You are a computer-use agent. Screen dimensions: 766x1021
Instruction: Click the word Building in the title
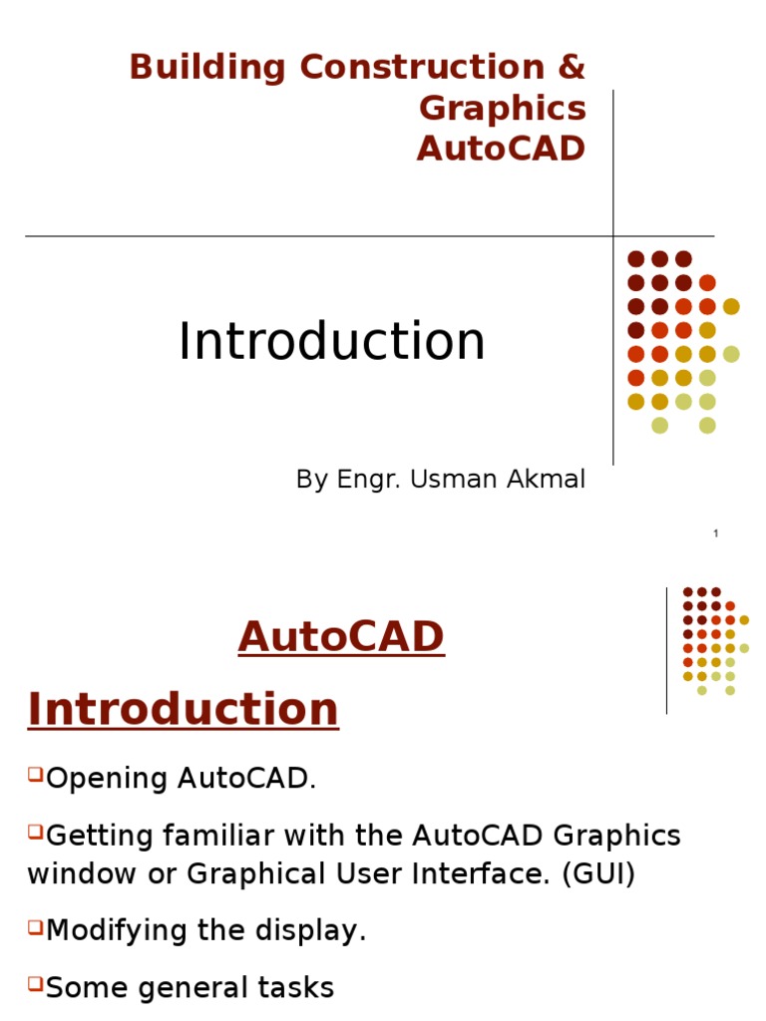pyautogui.click(x=207, y=68)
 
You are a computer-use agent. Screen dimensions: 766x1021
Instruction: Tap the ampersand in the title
pyautogui.click(x=572, y=67)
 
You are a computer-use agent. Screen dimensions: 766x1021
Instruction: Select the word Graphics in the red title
pyautogui.click(x=503, y=109)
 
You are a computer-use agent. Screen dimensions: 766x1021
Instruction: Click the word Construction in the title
pyautogui.click(x=422, y=67)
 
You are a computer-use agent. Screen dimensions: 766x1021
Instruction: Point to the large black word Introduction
pyautogui.click(x=331, y=341)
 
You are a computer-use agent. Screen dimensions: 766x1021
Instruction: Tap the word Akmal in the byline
pyautogui.click(x=546, y=479)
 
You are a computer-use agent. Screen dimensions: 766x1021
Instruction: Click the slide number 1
pyautogui.click(x=716, y=533)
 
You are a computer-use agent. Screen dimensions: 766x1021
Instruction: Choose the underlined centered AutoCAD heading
pyautogui.click(x=341, y=636)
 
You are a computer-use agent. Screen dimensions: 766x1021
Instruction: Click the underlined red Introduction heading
pyautogui.click(x=184, y=709)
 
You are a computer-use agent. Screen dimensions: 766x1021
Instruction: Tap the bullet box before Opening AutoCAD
pyautogui.click(x=35, y=774)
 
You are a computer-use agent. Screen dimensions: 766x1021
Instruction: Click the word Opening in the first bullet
pyautogui.click(x=107, y=779)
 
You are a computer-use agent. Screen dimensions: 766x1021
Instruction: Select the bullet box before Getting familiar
pyautogui.click(x=35, y=831)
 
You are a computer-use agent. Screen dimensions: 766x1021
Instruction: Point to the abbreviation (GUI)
pyautogui.click(x=598, y=873)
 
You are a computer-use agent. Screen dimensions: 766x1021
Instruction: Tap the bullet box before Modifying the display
pyautogui.click(x=35, y=926)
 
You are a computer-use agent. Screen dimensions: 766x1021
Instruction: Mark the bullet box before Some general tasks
pyautogui.click(x=35, y=982)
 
